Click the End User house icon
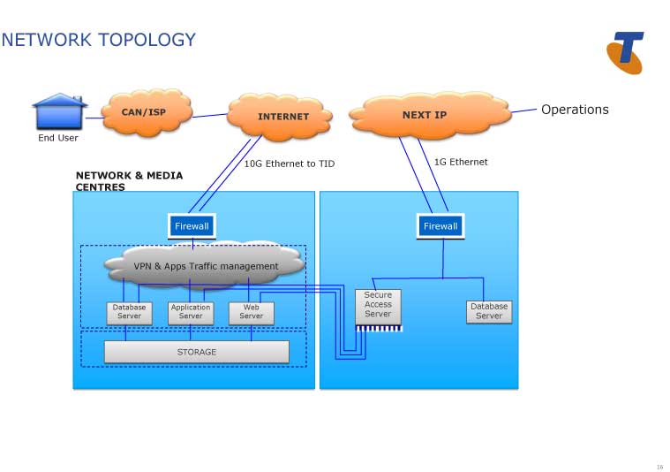(59, 112)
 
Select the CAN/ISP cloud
(143, 112)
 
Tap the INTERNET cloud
(282, 116)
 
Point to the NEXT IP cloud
(425, 115)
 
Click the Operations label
(575, 110)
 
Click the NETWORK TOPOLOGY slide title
(98, 40)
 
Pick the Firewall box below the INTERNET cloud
(192, 226)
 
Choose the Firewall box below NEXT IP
(440, 226)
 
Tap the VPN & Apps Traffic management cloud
(205, 265)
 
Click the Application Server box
(191, 312)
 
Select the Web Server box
(251, 312)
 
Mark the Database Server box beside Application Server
(129, 312)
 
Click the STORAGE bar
(196, 352)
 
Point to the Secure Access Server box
(378, 305)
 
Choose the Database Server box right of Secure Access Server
(489, 311)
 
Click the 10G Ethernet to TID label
(290, 164)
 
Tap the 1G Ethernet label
(461, 162)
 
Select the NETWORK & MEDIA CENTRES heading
(129, 181)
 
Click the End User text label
(58, 138)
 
